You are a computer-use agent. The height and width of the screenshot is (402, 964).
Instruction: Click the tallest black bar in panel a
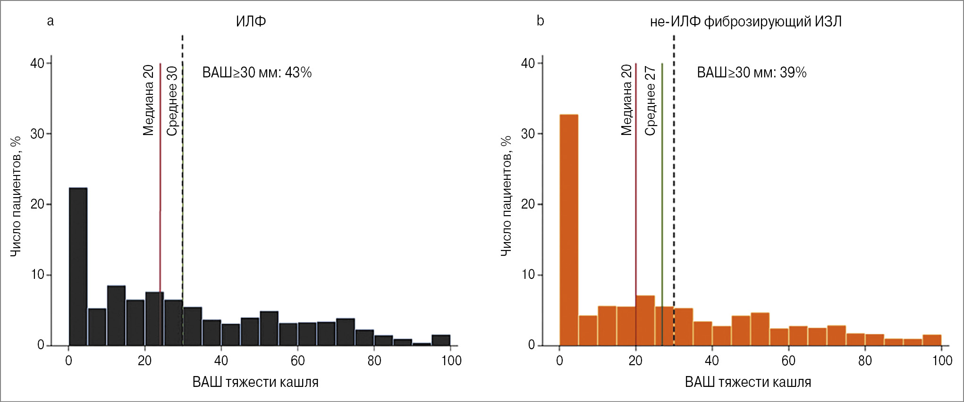tap(78, 267)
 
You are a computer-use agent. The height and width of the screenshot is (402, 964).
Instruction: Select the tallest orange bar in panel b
tap(568, 230)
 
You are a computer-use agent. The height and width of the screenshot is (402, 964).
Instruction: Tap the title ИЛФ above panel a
tap(251, 21)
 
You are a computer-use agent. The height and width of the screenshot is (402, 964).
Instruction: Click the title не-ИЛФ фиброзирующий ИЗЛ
tap(745, 21)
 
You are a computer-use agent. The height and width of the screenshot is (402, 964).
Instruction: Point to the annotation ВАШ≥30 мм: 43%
tap(257, 73)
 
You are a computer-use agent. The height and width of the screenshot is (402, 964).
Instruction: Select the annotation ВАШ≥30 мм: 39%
tap(752, 73)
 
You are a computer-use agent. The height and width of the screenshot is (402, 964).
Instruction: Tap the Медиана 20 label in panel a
tap(148, 100)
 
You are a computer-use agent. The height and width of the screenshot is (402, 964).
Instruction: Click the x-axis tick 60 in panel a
tap(297, 361)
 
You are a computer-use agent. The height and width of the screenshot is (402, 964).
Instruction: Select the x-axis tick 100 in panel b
tap(942, 361)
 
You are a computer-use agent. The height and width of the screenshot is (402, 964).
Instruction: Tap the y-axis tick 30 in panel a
tap(37, 134)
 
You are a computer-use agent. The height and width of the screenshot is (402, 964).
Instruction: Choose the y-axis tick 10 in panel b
tap(528, 275)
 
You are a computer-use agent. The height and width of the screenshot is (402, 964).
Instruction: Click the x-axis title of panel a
tap(255, 382)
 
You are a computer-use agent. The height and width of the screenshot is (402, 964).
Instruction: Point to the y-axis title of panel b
tap(506, 196)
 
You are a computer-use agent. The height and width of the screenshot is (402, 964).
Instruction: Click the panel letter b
tap(541, 21)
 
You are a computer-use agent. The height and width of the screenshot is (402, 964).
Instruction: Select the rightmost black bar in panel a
tap(441, 340)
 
